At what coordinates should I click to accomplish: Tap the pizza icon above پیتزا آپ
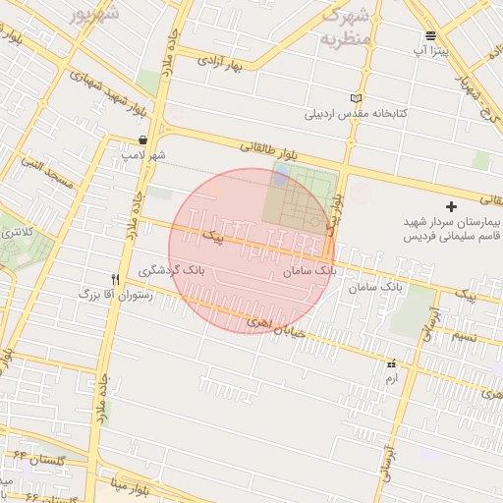(x=430, y=36)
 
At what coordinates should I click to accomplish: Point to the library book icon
(x=356, y=98)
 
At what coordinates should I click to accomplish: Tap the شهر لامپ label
(x=144, y=155)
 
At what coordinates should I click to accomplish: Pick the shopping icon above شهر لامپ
(x=144, y=140)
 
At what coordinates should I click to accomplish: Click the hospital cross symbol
(x=451, y=206)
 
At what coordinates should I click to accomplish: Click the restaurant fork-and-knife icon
(x=116, y=280)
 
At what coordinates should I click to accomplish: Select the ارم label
(x=392, y=377)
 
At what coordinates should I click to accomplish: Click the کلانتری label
(x=20, y=234)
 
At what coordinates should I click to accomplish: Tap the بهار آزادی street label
(x=220, y=63)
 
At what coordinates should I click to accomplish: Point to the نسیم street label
(x=465, y=337)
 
